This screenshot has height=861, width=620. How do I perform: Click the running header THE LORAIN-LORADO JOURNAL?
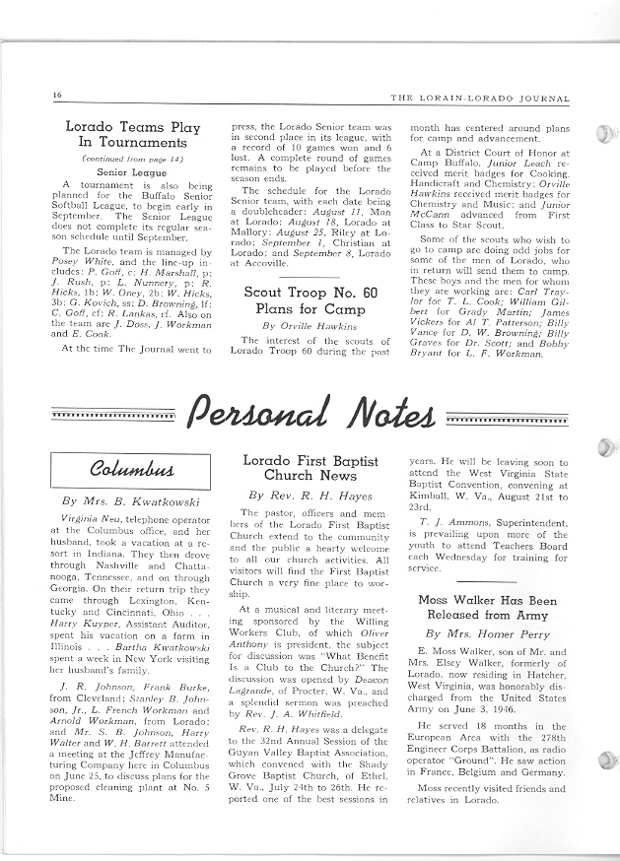[486, 96]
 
